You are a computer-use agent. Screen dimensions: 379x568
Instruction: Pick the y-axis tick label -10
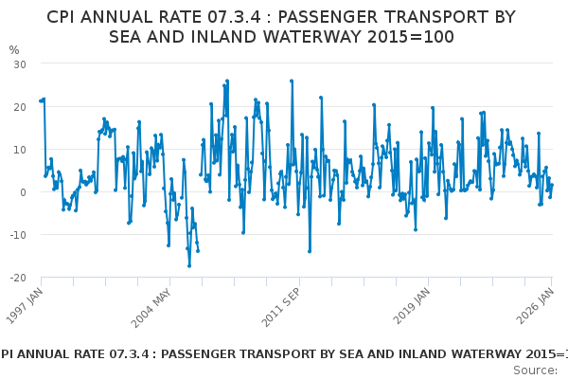[18, 235]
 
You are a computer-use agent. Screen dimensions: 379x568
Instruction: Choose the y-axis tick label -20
[18, 278]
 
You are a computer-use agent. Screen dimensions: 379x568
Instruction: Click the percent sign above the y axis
[13, 50]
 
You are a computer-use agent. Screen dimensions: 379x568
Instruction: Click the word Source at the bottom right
[534, 370]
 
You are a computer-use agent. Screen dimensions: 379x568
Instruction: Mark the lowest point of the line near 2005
[189, 266]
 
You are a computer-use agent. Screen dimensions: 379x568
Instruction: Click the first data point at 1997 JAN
[40, 100]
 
